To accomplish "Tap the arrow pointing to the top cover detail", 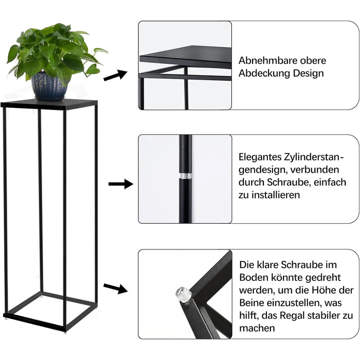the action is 116,75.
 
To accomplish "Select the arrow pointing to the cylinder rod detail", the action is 121,184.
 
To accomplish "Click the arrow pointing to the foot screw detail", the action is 115,289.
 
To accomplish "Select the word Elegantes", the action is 260,157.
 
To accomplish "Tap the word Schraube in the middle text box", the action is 287,182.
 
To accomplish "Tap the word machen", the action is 257,328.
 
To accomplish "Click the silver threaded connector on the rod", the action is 186,176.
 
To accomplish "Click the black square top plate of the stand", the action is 49,103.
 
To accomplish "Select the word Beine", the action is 251,303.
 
